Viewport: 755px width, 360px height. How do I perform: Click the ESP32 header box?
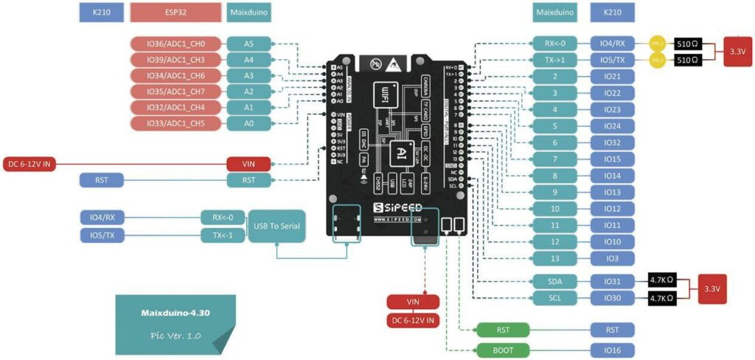pyautogui.click(x=175, y=13)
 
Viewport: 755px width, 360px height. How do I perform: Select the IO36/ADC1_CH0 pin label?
pyautogui.click(x=175, y=44)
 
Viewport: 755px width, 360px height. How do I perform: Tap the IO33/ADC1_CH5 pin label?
pyautogui.click(x=175, y=122)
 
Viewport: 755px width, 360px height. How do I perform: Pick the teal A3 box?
pyautogui.click(x=248, y=75)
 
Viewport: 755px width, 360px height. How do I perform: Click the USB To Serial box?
pyautogui.click(x=276, y=226)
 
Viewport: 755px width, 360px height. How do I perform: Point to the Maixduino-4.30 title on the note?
pyautogui.click(x=175, y=313)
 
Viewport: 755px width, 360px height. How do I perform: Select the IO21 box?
pyautogui.click(x=612, y=76)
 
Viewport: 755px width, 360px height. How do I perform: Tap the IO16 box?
pyautogui.click(x=612, y=350)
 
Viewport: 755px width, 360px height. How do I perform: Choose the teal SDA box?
pyautogui.click(x=554, y=281)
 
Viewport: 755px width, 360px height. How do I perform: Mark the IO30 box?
pyautogui.click(x=612, y=298)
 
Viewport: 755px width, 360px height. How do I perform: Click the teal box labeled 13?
pyautogui.click(x=554, y=258)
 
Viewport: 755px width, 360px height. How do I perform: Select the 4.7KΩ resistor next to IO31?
pyautogui.click(x=662, y=281)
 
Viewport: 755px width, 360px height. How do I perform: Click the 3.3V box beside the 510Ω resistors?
pyautogui.click(x=737, y=52)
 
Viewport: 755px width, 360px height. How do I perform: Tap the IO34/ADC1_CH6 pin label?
pyautogui.click(x=175, y=75)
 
